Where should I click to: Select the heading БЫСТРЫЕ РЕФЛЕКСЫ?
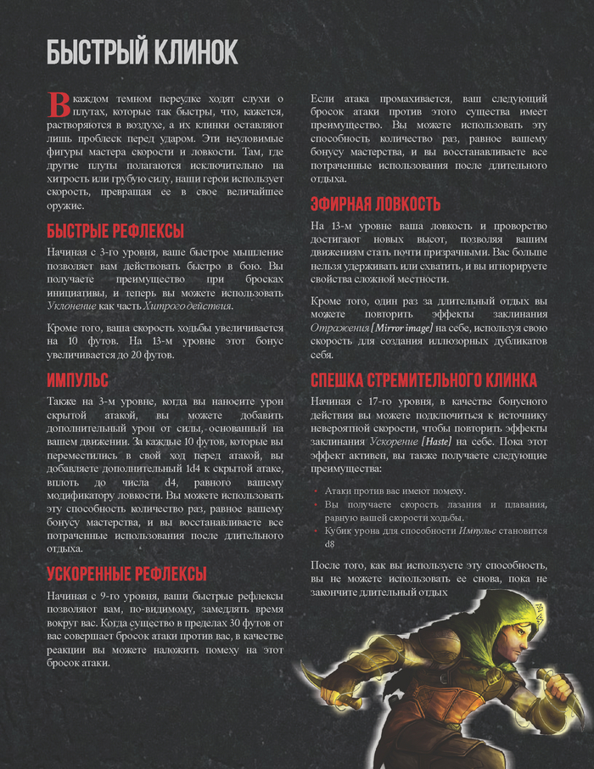coord(115,232)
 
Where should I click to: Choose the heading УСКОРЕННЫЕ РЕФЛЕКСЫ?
coord(126,573)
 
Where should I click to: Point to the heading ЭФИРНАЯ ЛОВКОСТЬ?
coord(375,204)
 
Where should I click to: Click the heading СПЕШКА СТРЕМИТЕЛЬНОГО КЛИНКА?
coord(423,379)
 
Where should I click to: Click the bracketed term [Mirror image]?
coord(396,328)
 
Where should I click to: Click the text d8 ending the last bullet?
coord(331,544)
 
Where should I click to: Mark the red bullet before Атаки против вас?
coord(316,491)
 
